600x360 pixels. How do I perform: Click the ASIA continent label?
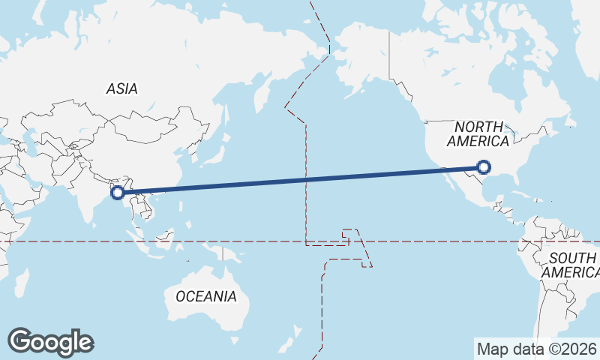tap(121, 88)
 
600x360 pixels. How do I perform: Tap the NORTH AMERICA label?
tap(478, 133)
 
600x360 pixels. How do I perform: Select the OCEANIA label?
tap(206, 296)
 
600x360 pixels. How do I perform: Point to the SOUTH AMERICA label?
tap(571, 265)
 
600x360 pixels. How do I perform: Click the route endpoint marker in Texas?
tap(484, 167)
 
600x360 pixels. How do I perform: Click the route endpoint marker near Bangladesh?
tap(118, 193)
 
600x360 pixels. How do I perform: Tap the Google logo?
tap(50, 342)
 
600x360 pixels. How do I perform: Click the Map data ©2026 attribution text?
tap(536, 349)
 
